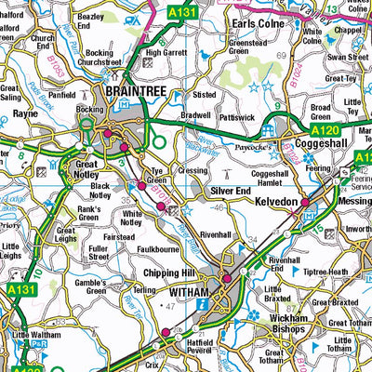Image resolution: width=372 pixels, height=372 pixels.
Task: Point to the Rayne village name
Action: point(25,113)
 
